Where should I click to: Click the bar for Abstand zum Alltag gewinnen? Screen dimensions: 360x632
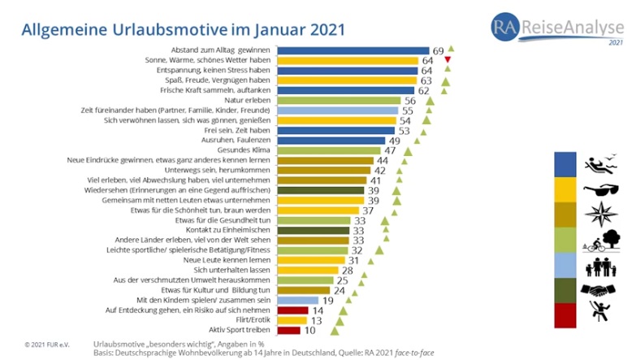coord(353,50)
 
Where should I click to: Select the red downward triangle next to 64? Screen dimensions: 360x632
coord(448,60)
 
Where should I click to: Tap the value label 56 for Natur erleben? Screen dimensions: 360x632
coord(410,100)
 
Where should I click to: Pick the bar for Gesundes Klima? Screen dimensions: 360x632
coord(330,150)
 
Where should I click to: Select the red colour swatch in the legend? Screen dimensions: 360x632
coord(567,314)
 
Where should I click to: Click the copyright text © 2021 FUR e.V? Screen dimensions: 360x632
coord(47,345)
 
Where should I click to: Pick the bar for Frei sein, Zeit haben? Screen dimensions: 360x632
coord(336,130)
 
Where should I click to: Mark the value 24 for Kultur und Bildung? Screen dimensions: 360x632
coord(340,290)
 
